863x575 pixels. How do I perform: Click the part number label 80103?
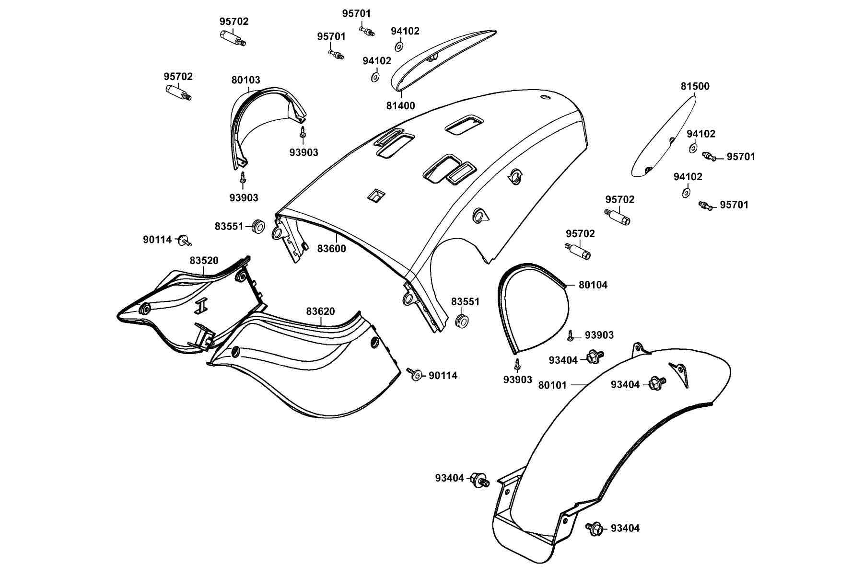pyautogui.click(x=245, y=80)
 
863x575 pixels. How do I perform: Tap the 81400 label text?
pyautogui.click(x=401, y=106)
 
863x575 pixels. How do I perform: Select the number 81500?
pyautogui.click(x=695, y=86)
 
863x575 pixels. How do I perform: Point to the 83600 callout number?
pyautogui.click(x=331, y=249)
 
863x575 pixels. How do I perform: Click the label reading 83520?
pyautogui.click(x=204, y=261)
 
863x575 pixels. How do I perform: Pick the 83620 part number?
pyautogui.click(x=321, y=311)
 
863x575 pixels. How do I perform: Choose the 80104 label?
pyautogui.click(x=593, y=285)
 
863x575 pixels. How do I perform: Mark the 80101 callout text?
pyautogui.click(x=552, y=385)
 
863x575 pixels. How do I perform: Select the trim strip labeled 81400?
pyautogui.click(x=441, y=57)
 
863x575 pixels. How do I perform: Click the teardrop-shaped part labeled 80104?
pyautogui.click(x=532, y=307)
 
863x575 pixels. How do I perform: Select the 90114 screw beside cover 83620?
pyautogui.click(x=414, y=374)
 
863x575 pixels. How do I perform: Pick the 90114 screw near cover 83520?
pyautogui.click(x=184, y=241)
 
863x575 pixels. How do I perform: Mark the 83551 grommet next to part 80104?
pyautogui.click(x=462, y=321)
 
